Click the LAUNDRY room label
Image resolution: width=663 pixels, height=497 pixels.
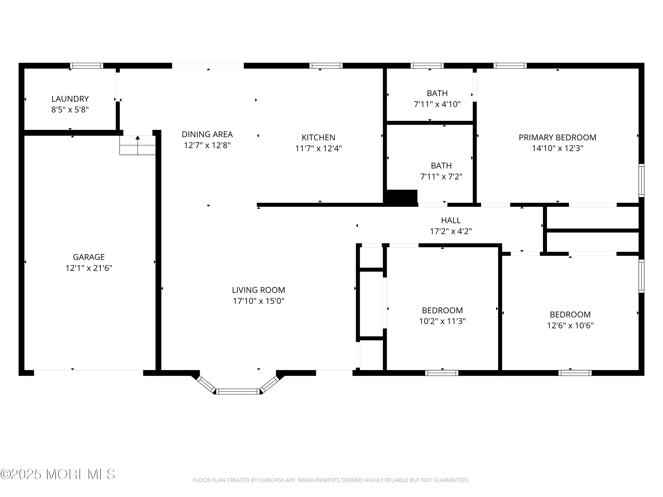coord(70,99)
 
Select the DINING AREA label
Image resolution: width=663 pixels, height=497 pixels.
coord(207,134)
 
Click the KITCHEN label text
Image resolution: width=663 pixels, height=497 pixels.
coord(318,138)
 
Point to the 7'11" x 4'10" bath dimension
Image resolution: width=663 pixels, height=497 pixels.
coord(437,104)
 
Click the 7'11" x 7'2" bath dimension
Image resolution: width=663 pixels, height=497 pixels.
coord(441,177)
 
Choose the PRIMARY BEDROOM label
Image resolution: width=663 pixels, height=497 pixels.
coord(557,138)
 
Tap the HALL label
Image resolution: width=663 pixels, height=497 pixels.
coord(450,220)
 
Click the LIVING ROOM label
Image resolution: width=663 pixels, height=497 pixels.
coord(258,290)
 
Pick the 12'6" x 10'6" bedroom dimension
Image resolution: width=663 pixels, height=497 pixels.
coord(570,326)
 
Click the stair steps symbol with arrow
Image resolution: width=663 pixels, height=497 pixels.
coord(138,146)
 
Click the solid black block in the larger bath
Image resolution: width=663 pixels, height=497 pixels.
coord(402,197)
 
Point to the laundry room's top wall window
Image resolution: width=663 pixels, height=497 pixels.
coord(87,66)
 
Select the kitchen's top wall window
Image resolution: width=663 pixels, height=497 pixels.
coord(326,66)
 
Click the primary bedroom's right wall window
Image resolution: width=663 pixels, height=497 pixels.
coord(641,180)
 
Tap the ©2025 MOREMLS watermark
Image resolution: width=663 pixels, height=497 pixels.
coord(57,474)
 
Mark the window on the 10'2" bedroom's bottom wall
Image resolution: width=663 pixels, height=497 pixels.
coord(442,373)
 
